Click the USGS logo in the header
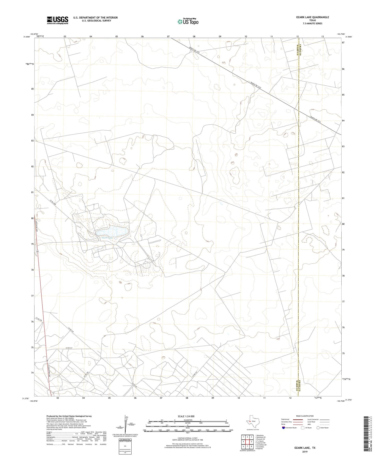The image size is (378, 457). [x=57, y=20]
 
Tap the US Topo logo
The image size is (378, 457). [x=188, y=21]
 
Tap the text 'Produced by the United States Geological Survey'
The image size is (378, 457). [x=69, y=416]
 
